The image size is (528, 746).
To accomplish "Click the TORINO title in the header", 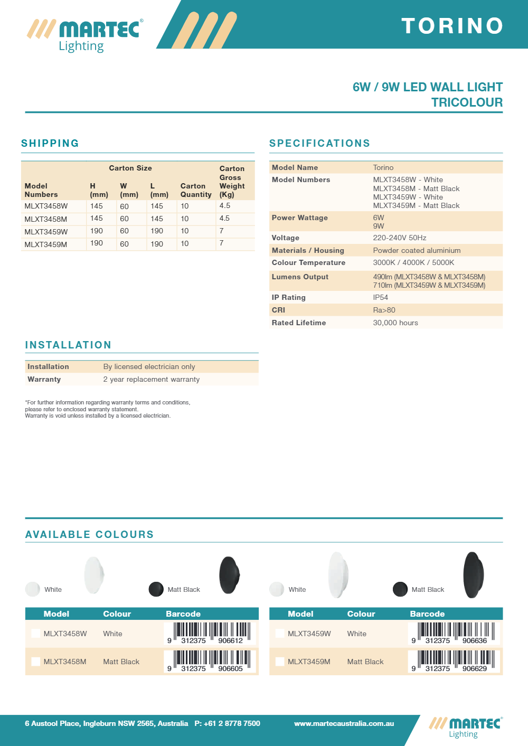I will pos(452,26).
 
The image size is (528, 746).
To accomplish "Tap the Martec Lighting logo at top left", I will pos(85,35).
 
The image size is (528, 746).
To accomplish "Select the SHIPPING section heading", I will pos(50,143).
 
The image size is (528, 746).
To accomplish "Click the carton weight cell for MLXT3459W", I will pos(222,231).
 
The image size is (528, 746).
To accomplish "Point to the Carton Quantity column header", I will pos(196,190).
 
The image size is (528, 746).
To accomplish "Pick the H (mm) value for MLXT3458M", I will pos(97,219).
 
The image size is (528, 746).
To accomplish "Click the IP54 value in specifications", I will pos(380,298).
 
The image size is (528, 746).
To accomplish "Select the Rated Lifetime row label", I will pos(299,323).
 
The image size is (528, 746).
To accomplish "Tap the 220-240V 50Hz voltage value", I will pos(400,238).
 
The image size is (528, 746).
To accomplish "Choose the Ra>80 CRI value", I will pos(384,310).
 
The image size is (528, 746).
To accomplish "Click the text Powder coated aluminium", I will pos(417,251).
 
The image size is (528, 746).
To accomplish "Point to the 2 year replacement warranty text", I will pos(152,380).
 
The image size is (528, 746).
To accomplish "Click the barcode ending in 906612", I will pos(210,633).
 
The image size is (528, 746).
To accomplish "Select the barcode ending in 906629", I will pos(454,661).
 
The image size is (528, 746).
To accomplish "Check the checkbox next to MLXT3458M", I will pos(36,662).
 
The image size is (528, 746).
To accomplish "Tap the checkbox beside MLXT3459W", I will pos(280,634).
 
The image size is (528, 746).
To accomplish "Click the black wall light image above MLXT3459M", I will pos(473,575).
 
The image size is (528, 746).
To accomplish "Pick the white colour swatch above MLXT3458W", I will pos(33,589).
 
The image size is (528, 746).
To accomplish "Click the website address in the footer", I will pos(344,724).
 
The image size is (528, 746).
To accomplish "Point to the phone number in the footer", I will pos(227,724).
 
